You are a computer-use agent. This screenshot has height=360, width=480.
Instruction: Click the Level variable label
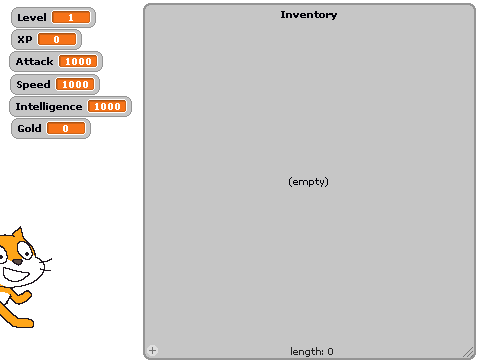click(x=32, y=17)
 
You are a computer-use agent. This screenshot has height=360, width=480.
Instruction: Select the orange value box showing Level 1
click(x=71, y=17)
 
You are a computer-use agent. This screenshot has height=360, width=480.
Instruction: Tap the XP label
click(x=25, y=39)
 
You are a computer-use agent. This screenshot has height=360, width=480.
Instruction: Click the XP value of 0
click(x=57, y=39)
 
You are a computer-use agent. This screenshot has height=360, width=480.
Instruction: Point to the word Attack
click(x=34, y=61)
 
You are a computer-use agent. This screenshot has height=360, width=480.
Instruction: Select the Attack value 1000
click(x=78, y=61)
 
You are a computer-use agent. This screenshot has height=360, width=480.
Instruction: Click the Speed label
click(x=33, y=84)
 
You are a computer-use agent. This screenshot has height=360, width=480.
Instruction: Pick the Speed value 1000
click(x=75, y=84)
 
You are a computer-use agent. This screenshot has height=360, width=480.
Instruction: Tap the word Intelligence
click(x=49, y=107)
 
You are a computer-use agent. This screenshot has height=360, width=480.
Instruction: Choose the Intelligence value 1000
click(x=107, y=106)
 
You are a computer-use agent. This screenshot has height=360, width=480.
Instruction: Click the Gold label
click(x=29, y=128)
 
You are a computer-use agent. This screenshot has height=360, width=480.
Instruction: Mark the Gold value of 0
click(x=66, y=128)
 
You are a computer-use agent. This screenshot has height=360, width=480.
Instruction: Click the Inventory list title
click(x=309, y=15)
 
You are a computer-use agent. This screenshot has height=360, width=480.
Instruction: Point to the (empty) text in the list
click(x=308, y=182)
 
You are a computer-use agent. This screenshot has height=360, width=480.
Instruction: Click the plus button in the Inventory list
click(x=152, y=350)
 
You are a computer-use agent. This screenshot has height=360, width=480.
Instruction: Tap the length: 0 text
click(x=312, y=351)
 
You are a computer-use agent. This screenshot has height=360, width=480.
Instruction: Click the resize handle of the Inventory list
click(x=468, y=352)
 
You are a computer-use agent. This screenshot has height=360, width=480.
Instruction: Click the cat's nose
click(x=18, y=262)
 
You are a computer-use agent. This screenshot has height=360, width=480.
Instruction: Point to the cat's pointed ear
click(x=18, y=234)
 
